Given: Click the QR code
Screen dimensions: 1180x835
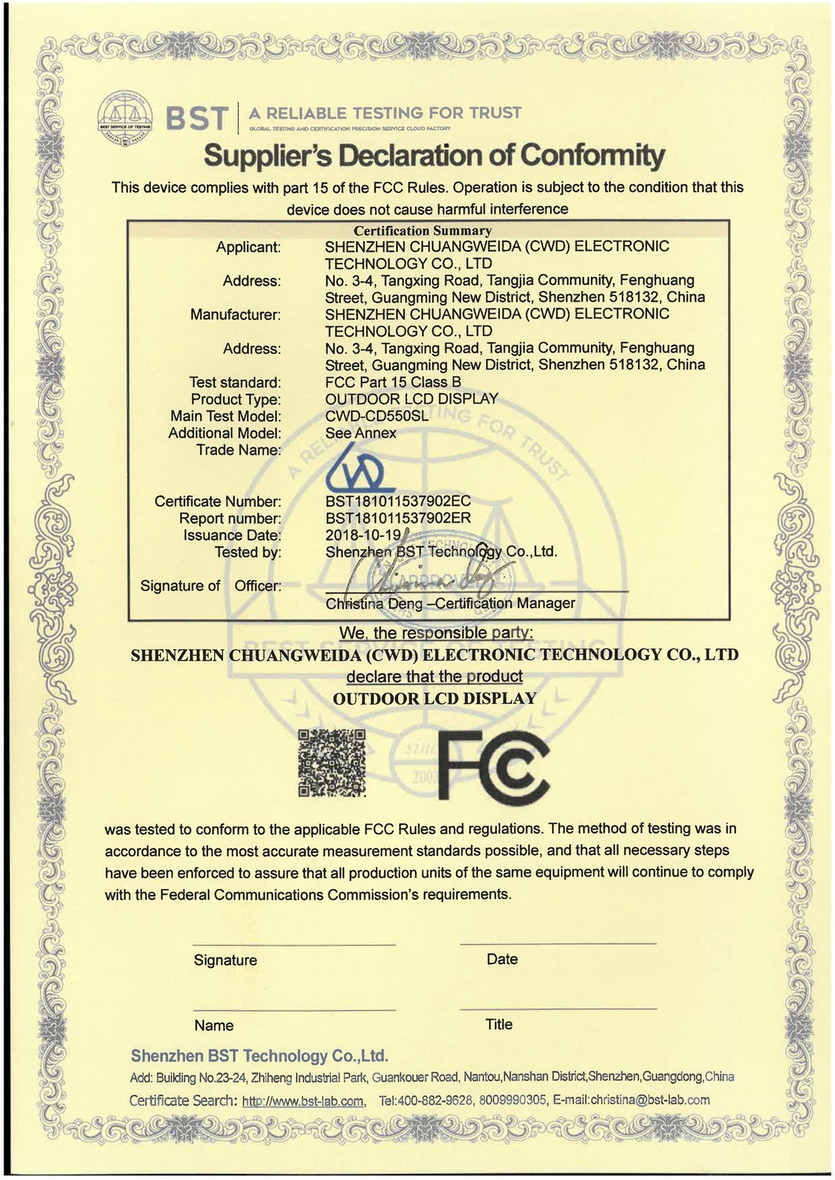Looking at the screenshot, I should [332, 763].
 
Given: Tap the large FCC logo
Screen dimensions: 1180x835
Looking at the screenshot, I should [491, 766].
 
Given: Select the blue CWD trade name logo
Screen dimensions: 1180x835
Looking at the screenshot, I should [360, 472].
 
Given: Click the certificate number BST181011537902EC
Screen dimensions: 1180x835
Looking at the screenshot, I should [398, 501].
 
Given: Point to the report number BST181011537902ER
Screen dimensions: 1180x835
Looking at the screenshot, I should [398, 518].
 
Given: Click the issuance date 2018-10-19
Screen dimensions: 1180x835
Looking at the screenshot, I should [363, 535].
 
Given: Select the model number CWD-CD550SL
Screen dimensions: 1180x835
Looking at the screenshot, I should [376, 416].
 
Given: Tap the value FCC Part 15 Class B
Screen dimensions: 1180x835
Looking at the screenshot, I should [393, 382].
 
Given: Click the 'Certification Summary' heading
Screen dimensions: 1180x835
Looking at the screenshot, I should [422, 230].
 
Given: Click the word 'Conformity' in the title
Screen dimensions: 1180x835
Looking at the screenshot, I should [592, 155].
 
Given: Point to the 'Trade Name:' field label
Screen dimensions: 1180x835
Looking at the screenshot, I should [239, 450].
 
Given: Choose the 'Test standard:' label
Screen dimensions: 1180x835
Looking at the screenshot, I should [235, 383].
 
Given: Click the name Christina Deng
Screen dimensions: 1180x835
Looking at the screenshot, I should [374, 604].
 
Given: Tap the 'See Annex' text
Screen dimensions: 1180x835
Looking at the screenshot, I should [360, 433].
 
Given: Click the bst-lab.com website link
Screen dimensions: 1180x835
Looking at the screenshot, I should [303, 1101].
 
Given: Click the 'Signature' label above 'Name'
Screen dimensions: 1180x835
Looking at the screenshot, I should [225, 960].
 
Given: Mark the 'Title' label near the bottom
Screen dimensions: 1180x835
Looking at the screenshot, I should [499, 1024].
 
